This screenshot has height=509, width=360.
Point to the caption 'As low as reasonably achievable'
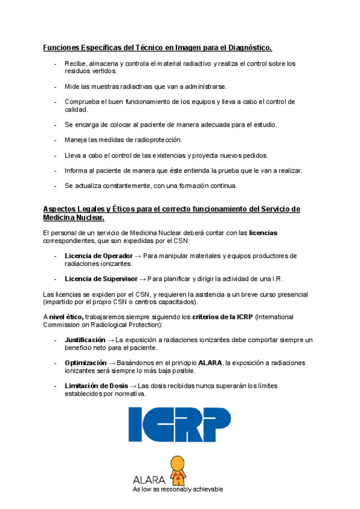[x=178, y=489]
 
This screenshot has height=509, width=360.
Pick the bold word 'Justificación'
[x=85, y=340]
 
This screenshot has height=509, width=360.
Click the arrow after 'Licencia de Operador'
[x=137, y=256]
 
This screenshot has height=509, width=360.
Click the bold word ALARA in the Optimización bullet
[x=206, y=363]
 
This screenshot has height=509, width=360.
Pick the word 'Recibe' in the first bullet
[x=74, y=63]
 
